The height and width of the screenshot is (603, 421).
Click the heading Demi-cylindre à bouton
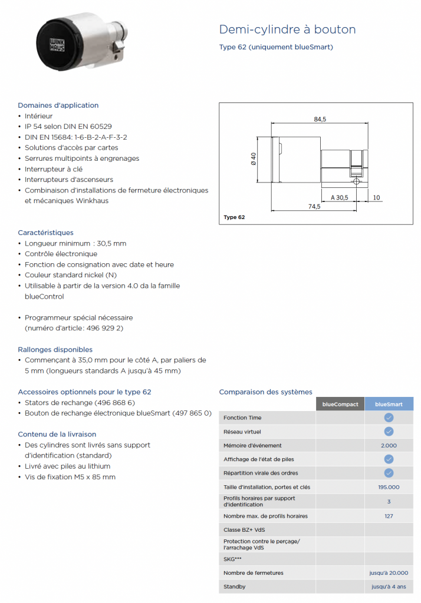[287, 29]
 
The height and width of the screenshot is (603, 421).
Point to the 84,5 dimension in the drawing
[320, 120]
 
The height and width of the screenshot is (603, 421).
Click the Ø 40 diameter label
[253, 160]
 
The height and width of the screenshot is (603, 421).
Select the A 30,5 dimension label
[340, 197]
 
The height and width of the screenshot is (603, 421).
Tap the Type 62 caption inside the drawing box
[234, 217]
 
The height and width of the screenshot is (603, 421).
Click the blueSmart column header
[389, 404]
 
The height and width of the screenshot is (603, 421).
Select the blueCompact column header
[340, 404]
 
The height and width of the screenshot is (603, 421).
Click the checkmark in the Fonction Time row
[389, 418]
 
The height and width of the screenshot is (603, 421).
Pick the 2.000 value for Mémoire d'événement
[389, 446]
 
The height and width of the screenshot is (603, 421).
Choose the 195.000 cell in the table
[389, 487]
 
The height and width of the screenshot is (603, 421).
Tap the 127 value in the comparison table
[389, 516]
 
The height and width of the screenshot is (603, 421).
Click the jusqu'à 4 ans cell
[389, 587]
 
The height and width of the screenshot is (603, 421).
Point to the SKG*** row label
[232, 558]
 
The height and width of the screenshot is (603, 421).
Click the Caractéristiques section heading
[45, 233]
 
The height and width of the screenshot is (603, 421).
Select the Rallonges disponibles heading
[55, 349]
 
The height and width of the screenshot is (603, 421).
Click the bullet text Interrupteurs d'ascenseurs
[69, 180]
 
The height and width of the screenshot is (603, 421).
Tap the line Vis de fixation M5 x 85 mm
[70, 476]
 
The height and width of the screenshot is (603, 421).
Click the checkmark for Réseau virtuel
[389, 432]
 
